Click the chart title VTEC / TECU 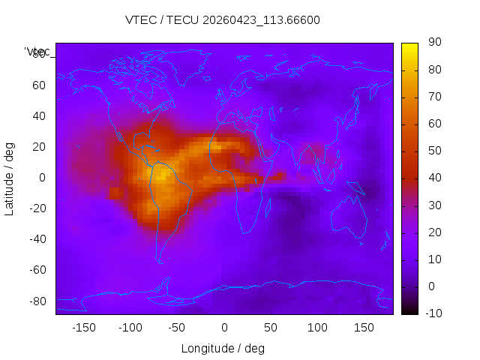(222, 20)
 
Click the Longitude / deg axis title (223, 348)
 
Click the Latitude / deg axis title (10, 178)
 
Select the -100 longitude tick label (130, 328)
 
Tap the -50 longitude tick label (177, 328)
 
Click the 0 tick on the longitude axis (223, 328)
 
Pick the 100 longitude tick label (317, 328)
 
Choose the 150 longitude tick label (364, 328)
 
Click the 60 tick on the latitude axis (39, 85)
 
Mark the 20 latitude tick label (39, 147)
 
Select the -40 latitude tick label (37, 239)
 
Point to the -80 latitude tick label (37, 301)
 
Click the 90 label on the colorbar (433, 43)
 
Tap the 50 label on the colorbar (433, 151)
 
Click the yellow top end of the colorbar (409, 46)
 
